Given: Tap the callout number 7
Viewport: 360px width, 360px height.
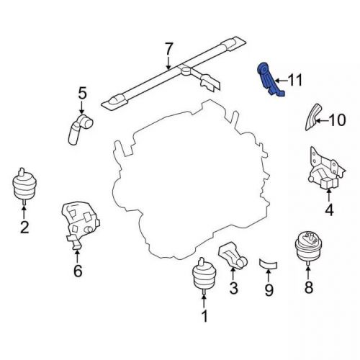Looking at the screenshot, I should click(168, 49).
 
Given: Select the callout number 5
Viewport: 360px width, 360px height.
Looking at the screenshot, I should click(83, 93).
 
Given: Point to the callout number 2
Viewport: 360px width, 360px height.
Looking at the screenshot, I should click(24, 228).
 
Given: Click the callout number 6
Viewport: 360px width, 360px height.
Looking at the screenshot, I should click(78, 271).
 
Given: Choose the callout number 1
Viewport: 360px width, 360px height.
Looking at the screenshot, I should click(204, 315).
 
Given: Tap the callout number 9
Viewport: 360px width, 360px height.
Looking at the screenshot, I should click(269, 291).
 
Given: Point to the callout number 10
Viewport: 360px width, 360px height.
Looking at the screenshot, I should click(337, 120).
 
